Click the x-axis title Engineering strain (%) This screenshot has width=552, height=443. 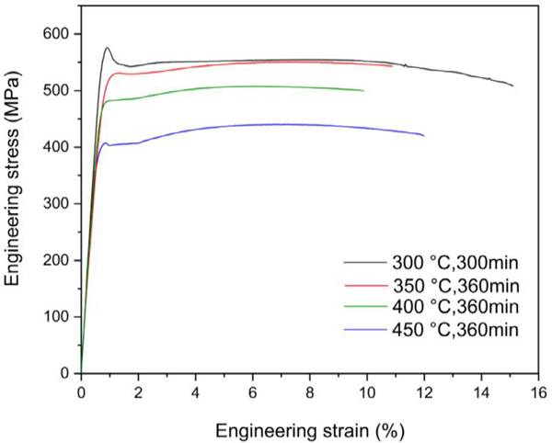pos(309,430)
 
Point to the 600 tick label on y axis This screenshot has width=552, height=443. pos(57,34)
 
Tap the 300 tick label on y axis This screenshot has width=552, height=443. pos(57,204)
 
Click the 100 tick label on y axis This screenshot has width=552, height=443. pos(57,317)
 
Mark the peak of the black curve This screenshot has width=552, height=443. pos(107,48)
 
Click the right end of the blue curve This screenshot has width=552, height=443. pos(424,135)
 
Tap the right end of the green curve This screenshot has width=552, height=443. pos(363,90)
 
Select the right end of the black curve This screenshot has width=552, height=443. pos(512,85)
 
